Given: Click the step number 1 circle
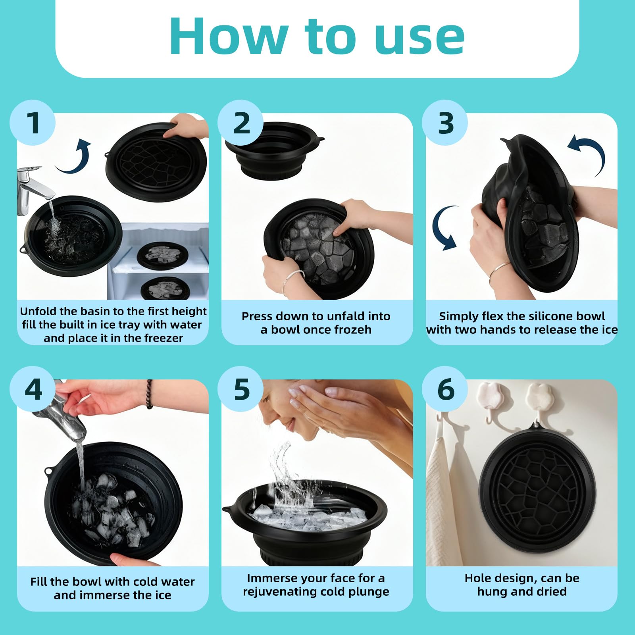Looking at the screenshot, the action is pyautogui.click(x=32, y=123).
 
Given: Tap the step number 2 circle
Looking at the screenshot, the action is pyautogui.click(x=241, y=123).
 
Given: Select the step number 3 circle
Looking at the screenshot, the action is pyautogui.click(x=444, y=123).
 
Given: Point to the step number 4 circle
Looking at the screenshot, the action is pyautogui.click(x=32, y=389).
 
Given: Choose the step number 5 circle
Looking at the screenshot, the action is pyautogui.click(x=241, y=389).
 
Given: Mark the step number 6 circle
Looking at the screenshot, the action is pyautogui.click(x=444, y=389).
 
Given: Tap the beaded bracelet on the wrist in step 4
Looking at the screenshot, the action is pyautogui.click(x=149, y=394).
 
